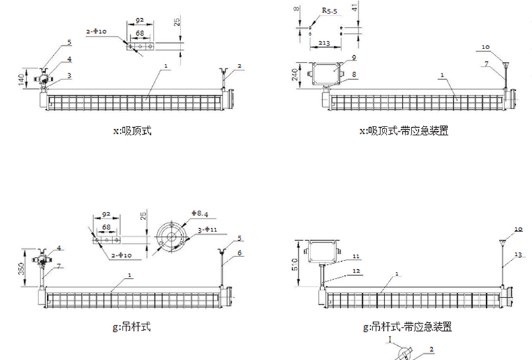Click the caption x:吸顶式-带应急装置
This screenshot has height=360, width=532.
tap(405, 132)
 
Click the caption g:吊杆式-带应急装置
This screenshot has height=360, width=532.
tap(406, 328)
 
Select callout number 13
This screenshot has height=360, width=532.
tap(517, 254)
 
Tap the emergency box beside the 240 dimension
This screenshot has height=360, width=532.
tap(326, 72)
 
